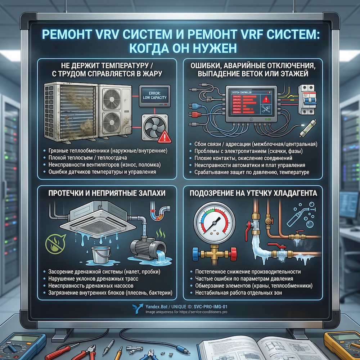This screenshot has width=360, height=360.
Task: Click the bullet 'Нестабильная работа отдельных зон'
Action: (239, 293)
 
